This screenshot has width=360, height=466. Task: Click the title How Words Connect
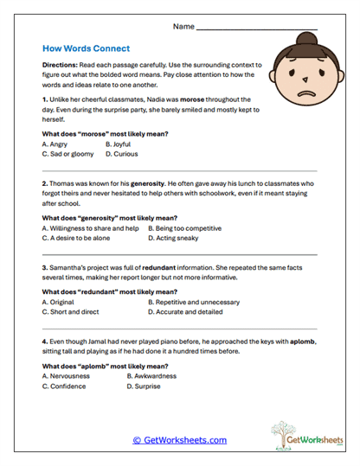[85, 49]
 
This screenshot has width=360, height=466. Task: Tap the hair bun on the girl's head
[306, 39]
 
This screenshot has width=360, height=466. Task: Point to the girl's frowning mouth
[305, 93]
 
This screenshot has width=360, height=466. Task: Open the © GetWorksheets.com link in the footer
[179, 439]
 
